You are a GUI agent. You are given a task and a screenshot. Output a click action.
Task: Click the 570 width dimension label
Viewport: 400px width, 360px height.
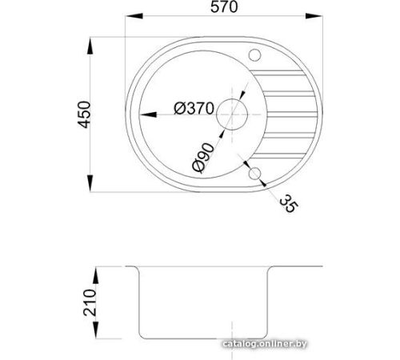(224, 7)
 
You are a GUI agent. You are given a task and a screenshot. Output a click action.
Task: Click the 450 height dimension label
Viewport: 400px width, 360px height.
(84, 114)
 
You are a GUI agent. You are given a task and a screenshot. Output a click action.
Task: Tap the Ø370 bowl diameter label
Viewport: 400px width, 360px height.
(194, 108)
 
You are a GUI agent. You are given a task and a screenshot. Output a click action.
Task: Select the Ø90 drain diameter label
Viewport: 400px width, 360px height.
(203, 158)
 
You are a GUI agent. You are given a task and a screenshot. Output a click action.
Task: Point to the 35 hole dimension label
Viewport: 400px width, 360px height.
(288, 203)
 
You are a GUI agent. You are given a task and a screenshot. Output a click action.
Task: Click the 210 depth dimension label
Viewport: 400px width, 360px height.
(90, 302)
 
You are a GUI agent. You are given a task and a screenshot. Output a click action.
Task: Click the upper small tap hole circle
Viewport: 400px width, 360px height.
(254, 55)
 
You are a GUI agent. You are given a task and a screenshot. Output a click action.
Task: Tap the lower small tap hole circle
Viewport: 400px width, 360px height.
(254, 174)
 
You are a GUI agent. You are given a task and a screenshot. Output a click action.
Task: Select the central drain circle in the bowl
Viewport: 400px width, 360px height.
(232, 114)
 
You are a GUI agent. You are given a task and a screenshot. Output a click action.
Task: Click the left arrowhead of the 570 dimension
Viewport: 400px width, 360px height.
(134, 16)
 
